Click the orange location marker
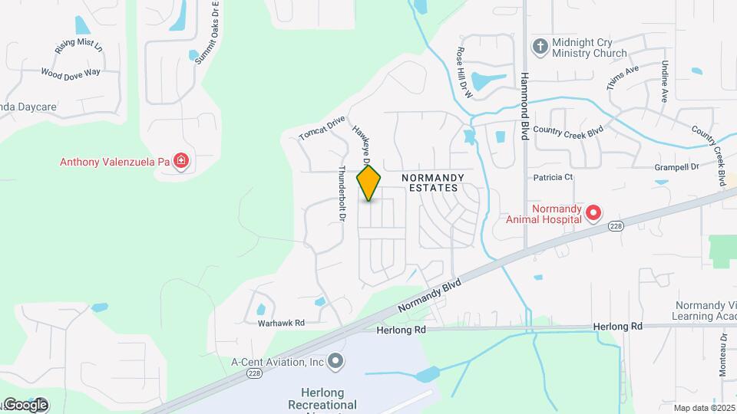[x=369, y=182]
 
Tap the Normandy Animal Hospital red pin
[x=593, y=212]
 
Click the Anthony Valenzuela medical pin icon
[x=181, y=161]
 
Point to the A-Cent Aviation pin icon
[x=335, y=360]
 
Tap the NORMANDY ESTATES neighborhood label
[x=430, y=182]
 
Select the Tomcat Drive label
[x=322, y=128]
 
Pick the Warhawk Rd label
[x=282, y=323]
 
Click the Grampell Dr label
[x=678, y=166]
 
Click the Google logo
[x=25, y=405]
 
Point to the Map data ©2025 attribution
[x=704, y=408]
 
